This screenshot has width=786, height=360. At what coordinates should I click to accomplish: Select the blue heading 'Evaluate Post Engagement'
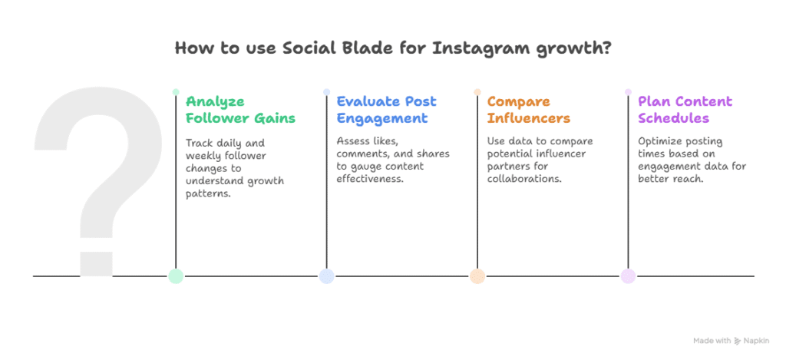pyautogui.click(x=386, y=110)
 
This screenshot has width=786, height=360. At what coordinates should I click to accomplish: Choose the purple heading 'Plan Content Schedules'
pyautogui.click(x=685, y=110)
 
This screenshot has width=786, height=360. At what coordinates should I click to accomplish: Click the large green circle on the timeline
pyautogui.click(x=176, y=276)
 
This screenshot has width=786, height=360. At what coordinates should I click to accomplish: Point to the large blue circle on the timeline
pyautogui.click(x=326, y=276)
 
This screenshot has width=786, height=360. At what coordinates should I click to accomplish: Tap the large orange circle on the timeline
pyautogui.click(x=477, y=276)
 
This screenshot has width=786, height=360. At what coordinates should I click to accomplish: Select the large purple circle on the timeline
pyautogui.click(x=628, y=276)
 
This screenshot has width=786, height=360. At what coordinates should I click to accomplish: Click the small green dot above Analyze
pyautogui.click(x=176, y=92)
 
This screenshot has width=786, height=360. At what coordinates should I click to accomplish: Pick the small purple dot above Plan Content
pyautogui.click(x=628, y=92)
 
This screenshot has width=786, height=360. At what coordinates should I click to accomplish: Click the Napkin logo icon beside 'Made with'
pyautogui.click(x=737, y=340)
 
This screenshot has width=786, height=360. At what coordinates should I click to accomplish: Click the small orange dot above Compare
pyautogui.click(x=477, y=92)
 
